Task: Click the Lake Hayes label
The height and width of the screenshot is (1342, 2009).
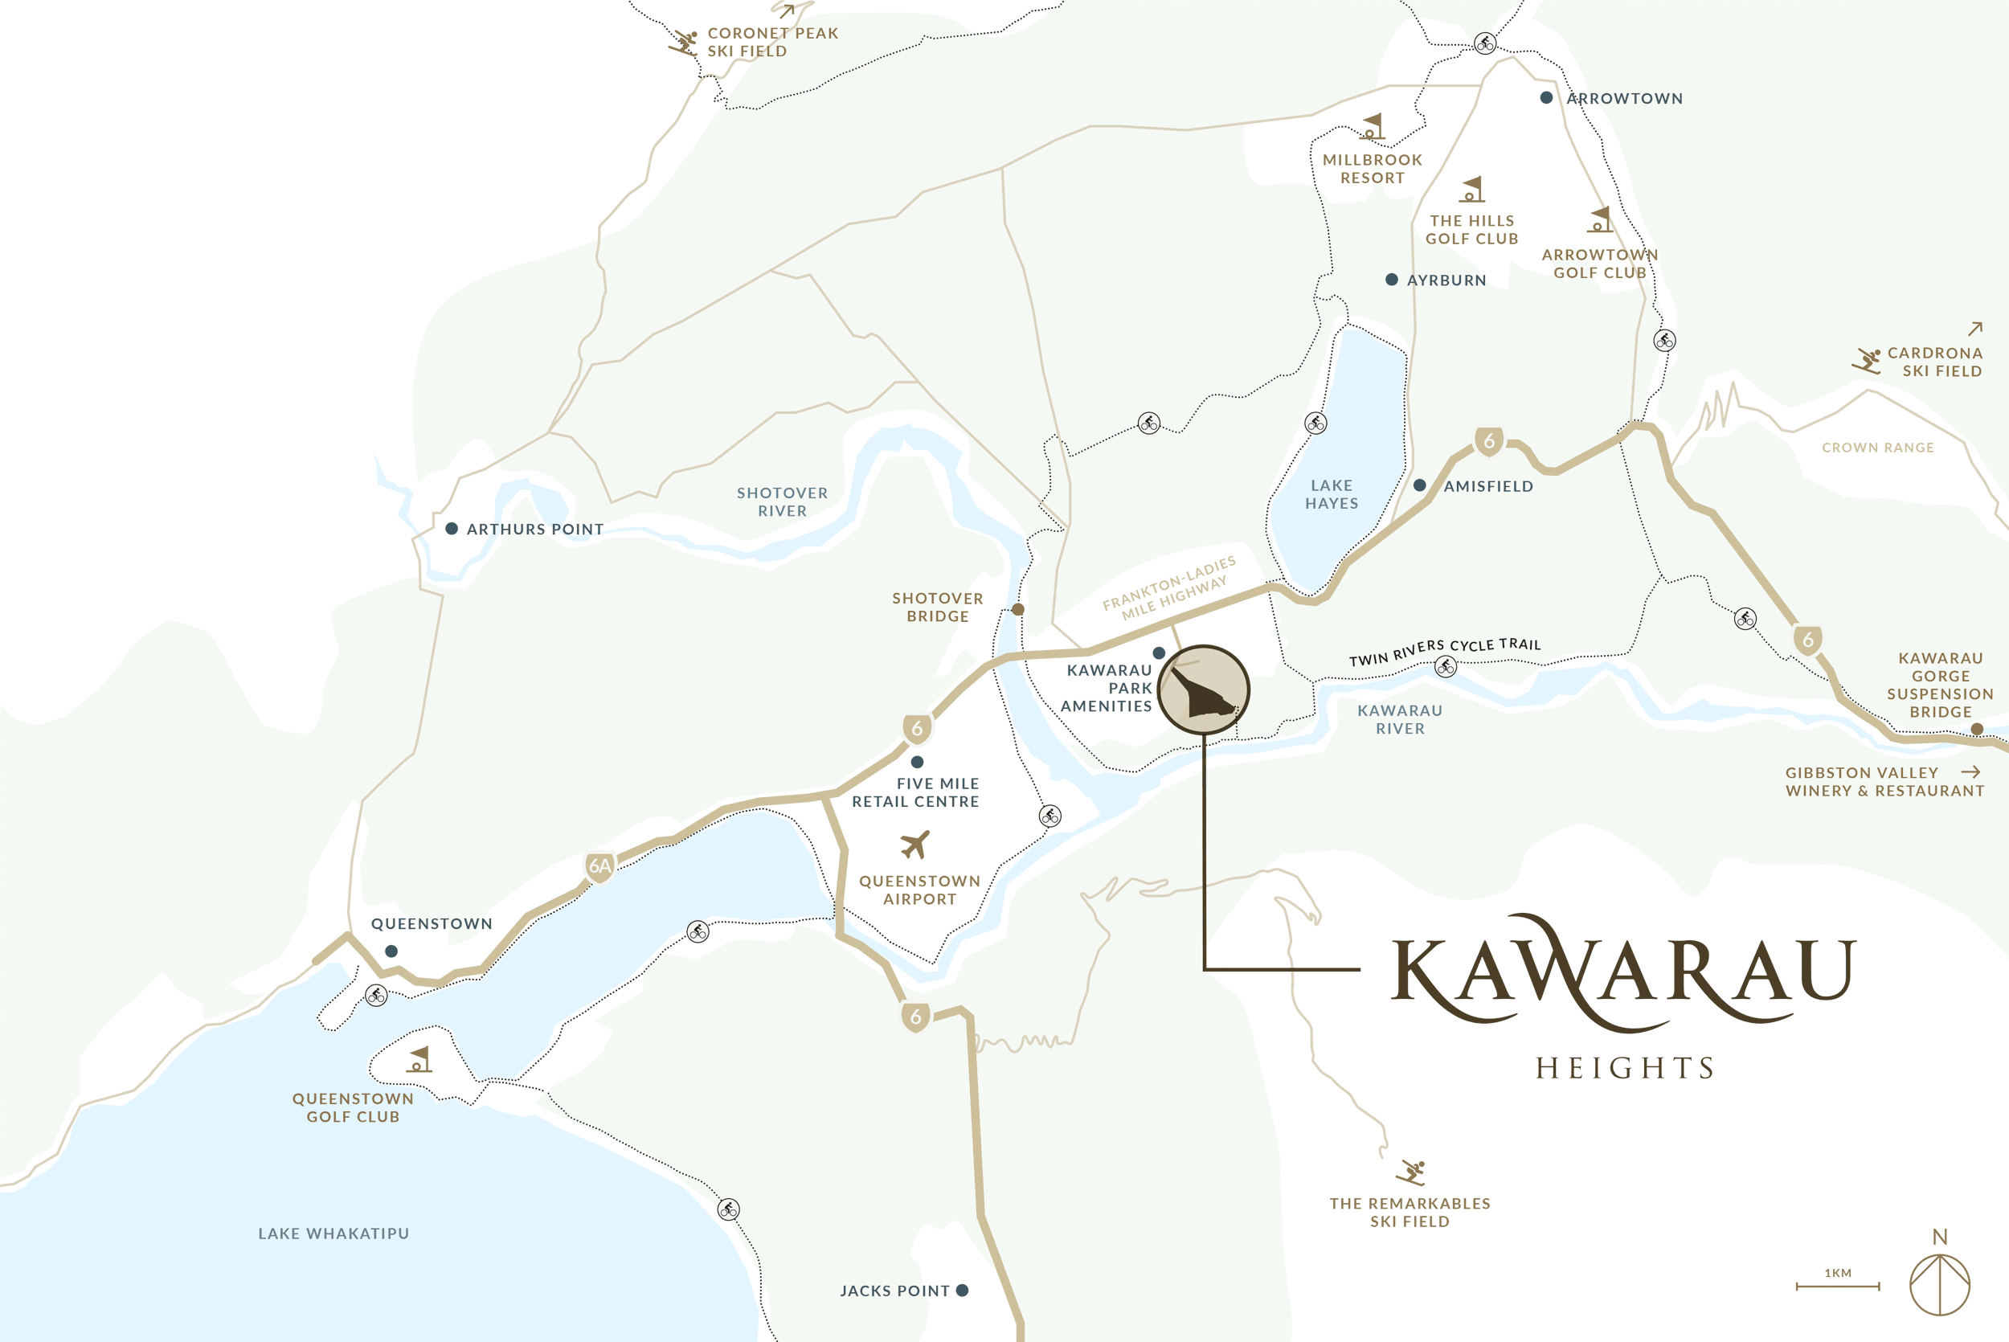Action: (1332, 495)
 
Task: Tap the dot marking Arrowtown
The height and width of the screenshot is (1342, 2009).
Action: (1546, 97)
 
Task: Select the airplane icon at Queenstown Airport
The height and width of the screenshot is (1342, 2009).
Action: (915, 844)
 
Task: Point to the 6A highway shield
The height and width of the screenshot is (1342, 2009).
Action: (599, 866)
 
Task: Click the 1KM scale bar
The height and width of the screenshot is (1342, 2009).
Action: (1837, 1286)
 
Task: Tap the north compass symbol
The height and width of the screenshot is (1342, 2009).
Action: (1940, 1284)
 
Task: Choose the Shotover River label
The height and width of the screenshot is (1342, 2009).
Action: (782, 502)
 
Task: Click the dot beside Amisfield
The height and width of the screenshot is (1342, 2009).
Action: (1419, 485)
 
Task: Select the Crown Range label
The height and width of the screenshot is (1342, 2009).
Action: (1877, 448)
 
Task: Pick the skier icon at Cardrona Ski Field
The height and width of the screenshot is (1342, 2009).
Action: (1867, 360)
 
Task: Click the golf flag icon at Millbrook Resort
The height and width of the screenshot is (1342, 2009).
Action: (1373, 128)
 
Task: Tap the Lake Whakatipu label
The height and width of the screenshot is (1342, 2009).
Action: (333, 1234)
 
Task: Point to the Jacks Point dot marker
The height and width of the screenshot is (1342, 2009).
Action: (963, 1290)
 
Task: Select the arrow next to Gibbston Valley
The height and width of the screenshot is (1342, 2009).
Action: (1971, 772)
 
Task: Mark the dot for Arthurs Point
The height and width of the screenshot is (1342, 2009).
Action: (452, 528)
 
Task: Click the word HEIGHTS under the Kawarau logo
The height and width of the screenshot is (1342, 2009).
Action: (1624, 1068)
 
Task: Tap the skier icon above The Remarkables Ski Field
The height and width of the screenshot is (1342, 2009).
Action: (1411, 1172)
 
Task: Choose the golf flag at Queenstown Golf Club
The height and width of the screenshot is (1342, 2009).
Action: (419, 1060)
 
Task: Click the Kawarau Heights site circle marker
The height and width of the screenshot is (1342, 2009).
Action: (1204, 689)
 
